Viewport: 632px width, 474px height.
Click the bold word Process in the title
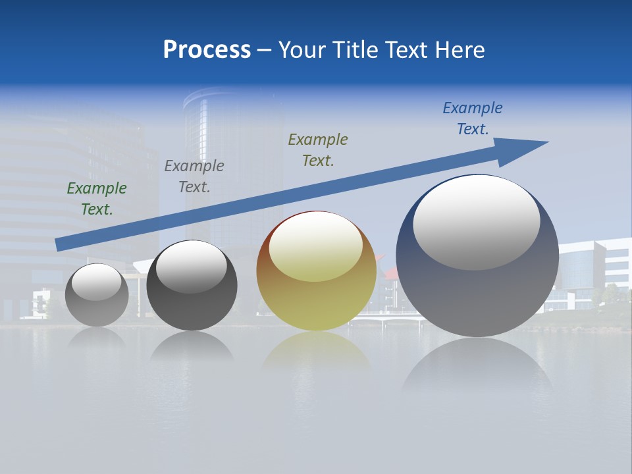pos(207,50)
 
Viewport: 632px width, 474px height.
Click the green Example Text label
pos(97,199)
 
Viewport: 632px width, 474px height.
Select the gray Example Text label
pos(194,176)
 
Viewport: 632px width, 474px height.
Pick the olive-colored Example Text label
pos(318,150)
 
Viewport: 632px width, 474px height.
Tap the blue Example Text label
pos(473,118)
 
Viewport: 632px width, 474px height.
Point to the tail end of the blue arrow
pos(61,244)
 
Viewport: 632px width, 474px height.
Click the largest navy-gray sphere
pos(477,290)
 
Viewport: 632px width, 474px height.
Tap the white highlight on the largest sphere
pos(477,222)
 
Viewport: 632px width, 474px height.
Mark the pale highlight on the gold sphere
pos(316,246)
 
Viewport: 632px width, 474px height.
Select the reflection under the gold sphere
pos(316,352)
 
